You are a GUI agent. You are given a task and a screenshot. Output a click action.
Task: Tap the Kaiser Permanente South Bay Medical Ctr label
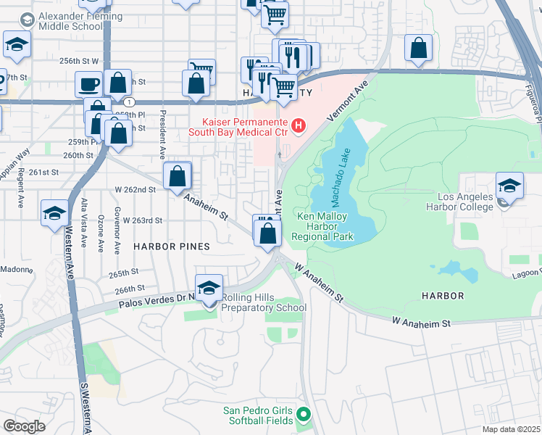pos(238,128)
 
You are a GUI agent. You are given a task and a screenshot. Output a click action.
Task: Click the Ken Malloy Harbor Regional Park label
pos(322,226)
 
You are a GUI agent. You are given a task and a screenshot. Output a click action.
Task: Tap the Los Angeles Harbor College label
pos(475,202)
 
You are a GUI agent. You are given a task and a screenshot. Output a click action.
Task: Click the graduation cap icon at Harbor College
pos(509,186)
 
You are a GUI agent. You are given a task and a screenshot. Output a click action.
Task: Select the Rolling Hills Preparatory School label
pos(264,303)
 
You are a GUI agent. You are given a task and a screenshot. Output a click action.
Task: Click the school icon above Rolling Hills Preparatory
pos(209,288)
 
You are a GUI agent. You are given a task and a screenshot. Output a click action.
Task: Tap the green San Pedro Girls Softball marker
pos(304,415)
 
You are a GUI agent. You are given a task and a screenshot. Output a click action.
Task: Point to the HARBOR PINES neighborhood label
pos(172,246)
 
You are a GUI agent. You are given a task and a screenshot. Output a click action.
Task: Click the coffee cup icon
pos(88,84)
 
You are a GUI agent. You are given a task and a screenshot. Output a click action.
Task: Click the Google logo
pos(24,426)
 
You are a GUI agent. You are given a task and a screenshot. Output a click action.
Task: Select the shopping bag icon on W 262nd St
pos(178,175)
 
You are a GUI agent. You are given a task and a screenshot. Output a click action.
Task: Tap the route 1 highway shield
pos(128,101)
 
